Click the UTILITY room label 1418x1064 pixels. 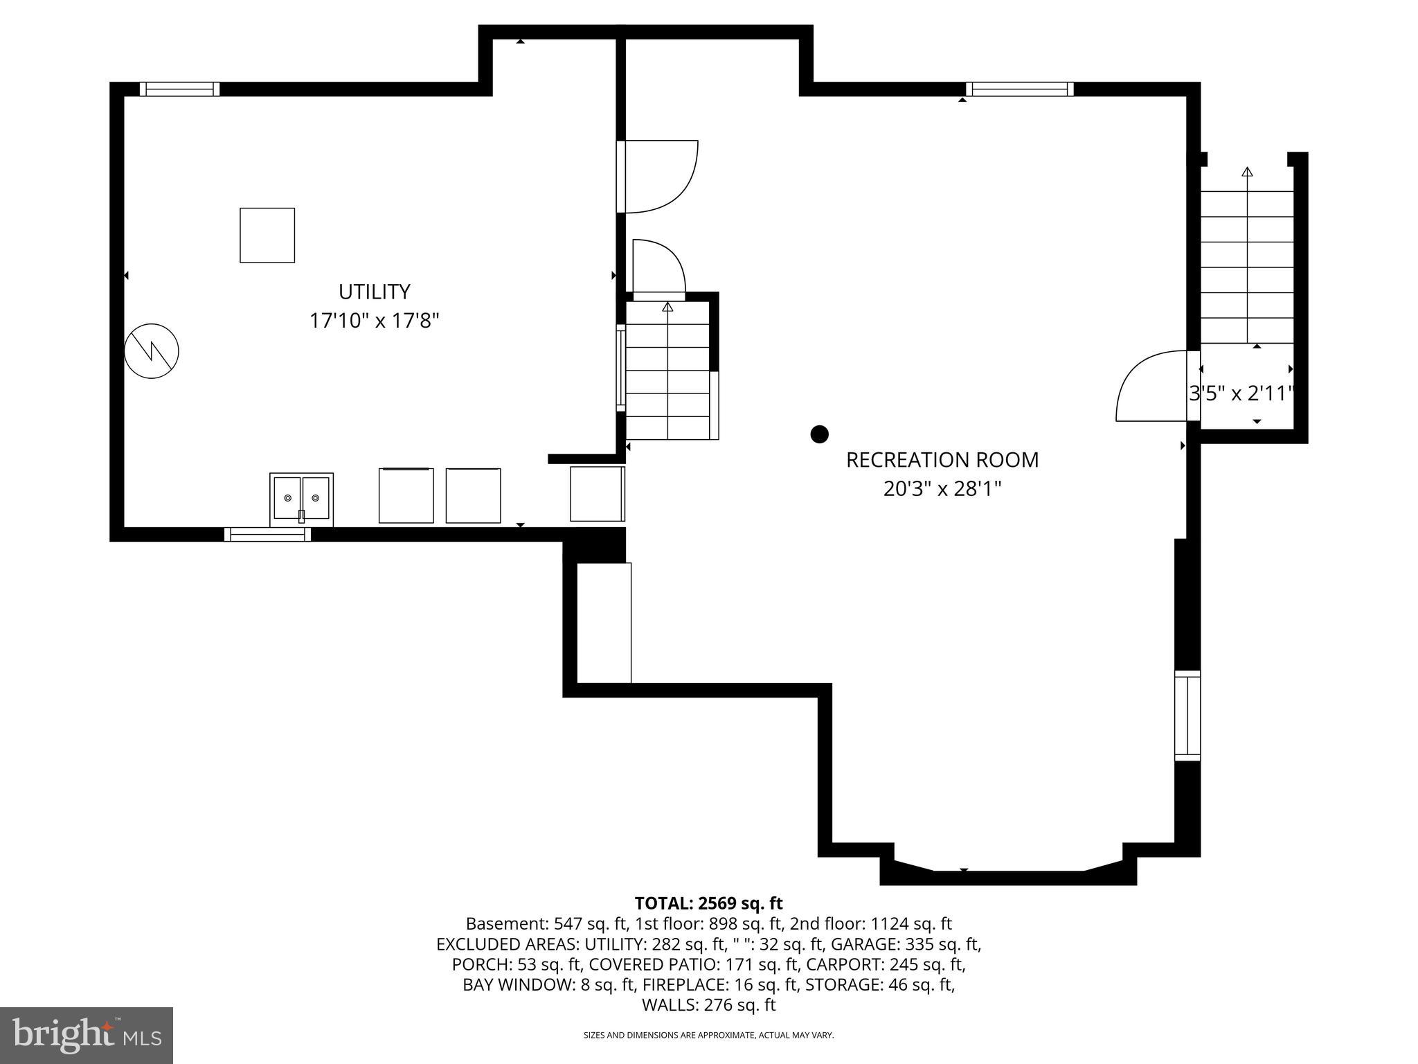[374, 291]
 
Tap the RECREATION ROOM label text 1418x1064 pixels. [942, 460]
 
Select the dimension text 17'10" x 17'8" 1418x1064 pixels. [374, 321]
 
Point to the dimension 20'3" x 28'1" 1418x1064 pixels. [942, 489]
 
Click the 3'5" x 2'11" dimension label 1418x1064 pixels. [1241, 393]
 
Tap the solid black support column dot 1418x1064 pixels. [819, 434]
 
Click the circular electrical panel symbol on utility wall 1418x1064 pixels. [152, 351]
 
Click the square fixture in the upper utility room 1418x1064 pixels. [267, 236]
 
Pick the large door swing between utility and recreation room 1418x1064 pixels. [658, 177]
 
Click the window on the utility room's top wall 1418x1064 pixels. [179, 89]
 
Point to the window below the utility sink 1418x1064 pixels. [267, 534]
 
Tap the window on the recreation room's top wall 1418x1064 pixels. [1019, 89]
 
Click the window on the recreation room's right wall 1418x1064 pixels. [1187, 716]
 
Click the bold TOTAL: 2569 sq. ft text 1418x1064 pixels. [708, 903]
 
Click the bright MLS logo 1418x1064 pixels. [87, 1035]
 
